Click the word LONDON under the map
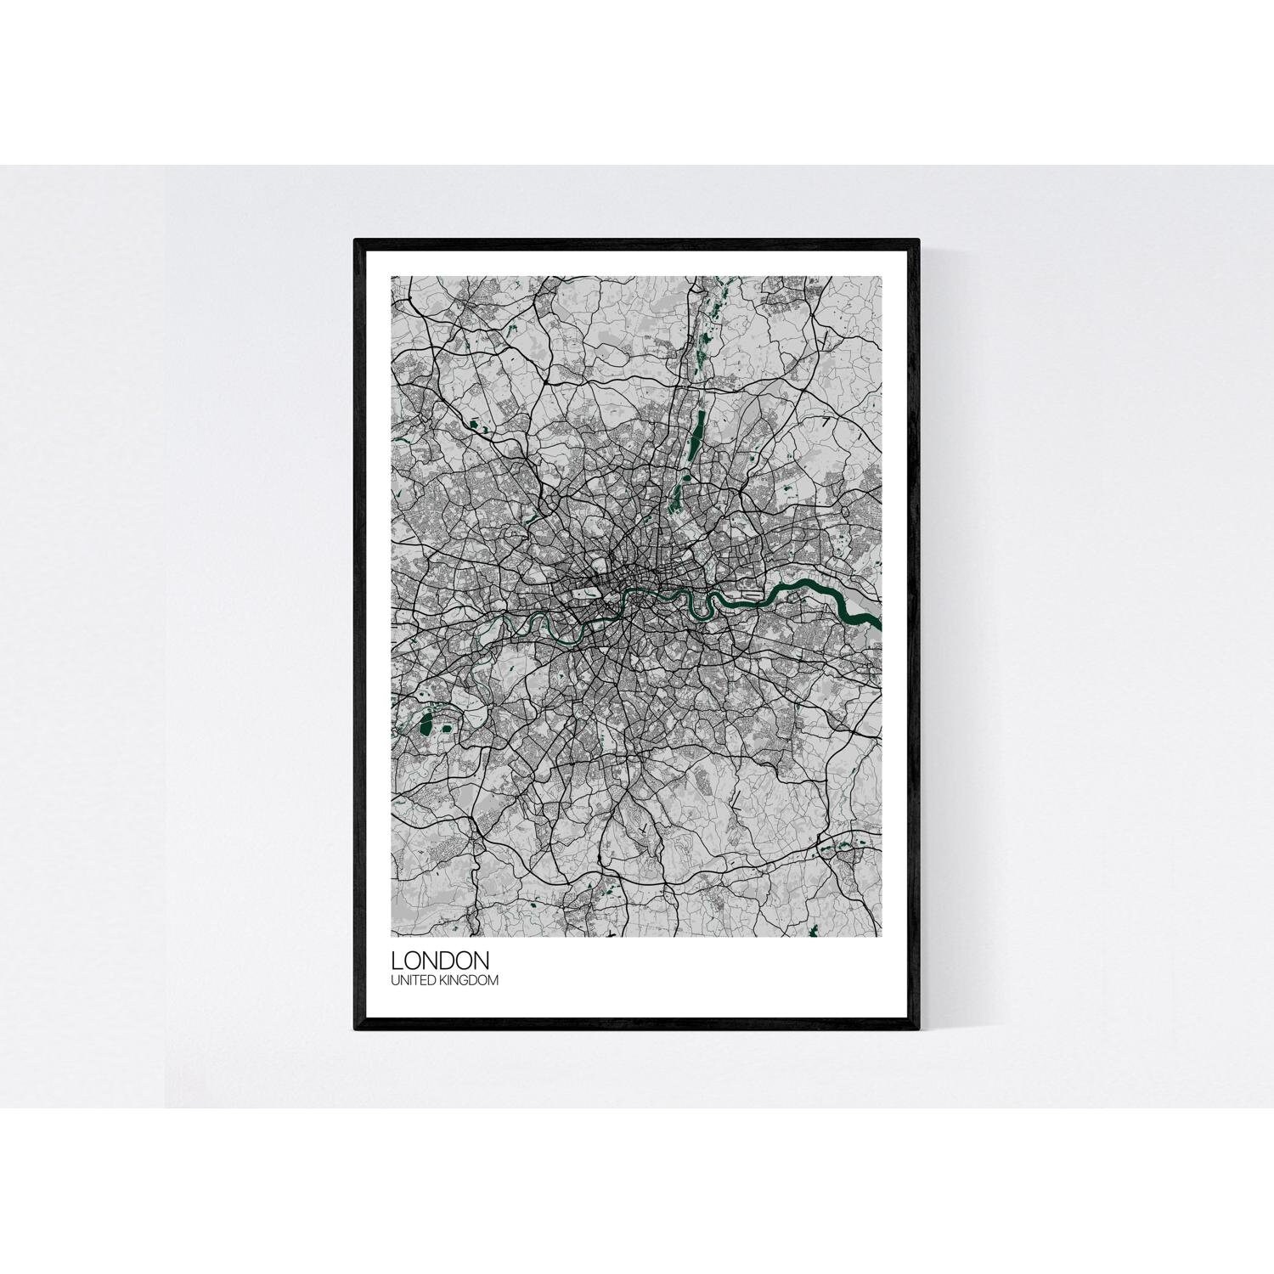(x=440, y=961)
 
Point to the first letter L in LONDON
(x=397, y=961)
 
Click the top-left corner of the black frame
(x=356, y=241)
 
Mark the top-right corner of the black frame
(x=918, y=241)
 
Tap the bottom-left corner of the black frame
(x=356, y=1029)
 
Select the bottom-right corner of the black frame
(x=918, y=1029)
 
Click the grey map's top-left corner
(x=392, y=277)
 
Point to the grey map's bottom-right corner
(x=882, y=937)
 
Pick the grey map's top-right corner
(x=882, y=277)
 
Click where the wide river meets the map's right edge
(x=879, y=626)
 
